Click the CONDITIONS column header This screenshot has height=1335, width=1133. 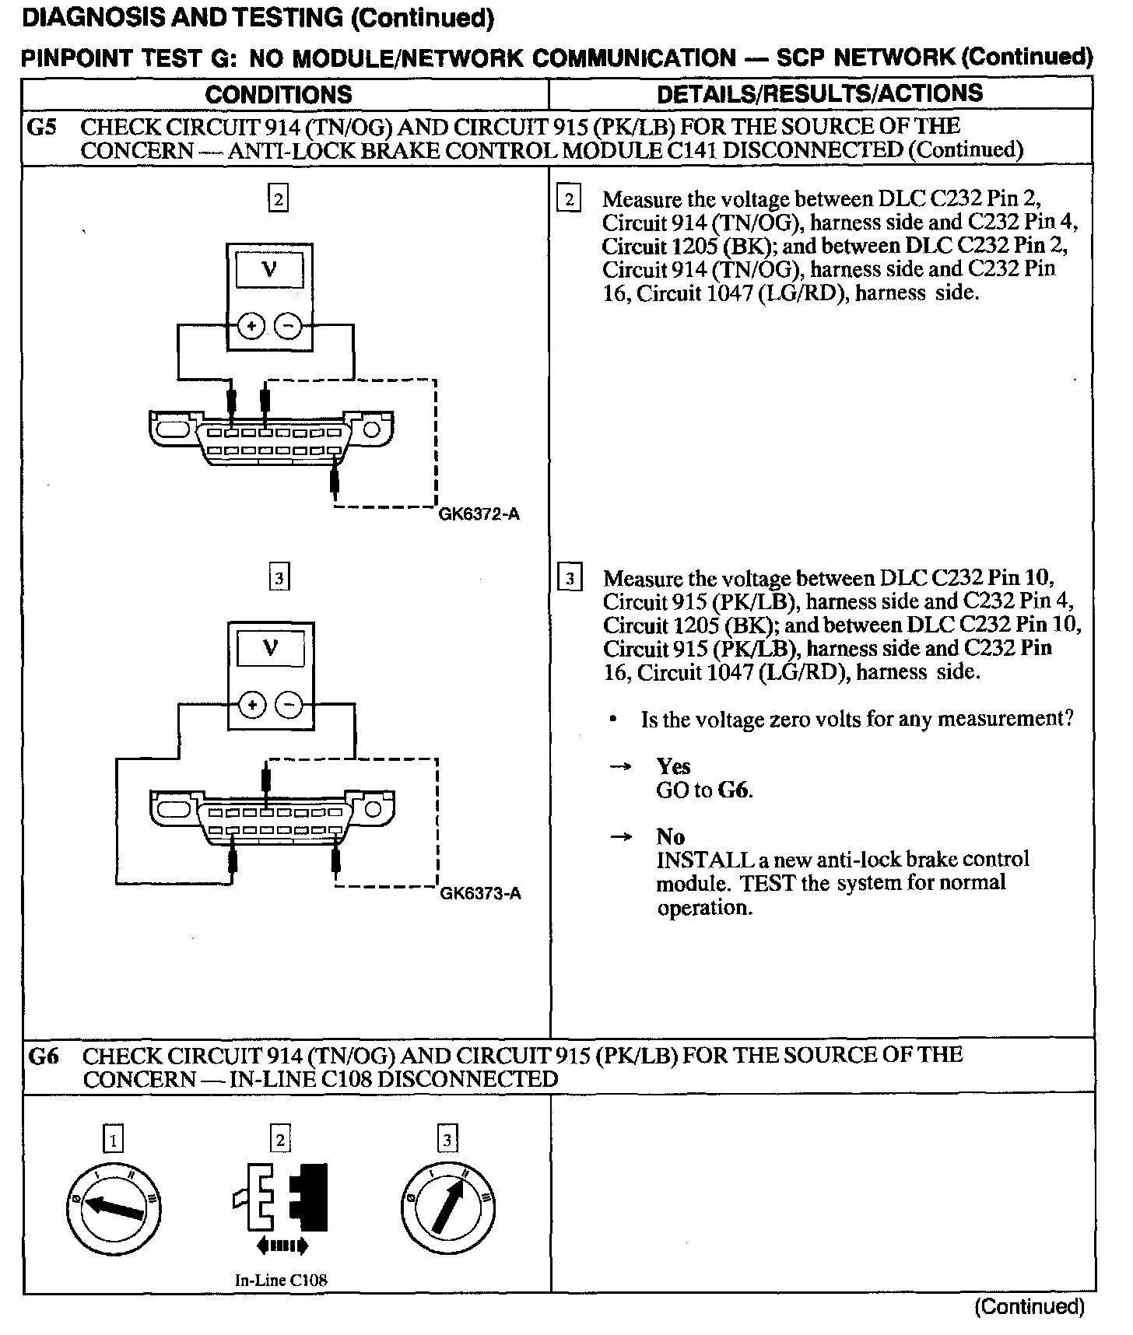(x=278, y=95)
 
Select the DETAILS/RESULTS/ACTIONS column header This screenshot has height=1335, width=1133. (x=820, y=94)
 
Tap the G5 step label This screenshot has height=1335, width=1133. (x=41, y=127)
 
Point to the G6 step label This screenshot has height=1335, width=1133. (x=44, y=1056)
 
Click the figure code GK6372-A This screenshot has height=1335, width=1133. (x=479, y=514)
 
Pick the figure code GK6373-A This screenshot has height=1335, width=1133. (x=480, y=893)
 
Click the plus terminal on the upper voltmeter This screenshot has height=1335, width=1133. (x=251, y=327)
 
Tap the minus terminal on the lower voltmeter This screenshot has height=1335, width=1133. (x=289, y=706)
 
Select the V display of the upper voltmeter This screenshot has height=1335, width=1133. (x=270, y=271)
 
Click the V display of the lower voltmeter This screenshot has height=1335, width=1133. (x=270, y=648)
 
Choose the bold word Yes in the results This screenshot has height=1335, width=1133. (x=673, y=767)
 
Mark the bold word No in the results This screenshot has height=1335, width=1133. (x=670, y=837)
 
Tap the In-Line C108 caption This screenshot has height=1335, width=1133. (x=281, y=1280)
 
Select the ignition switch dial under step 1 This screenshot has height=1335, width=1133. (x=114, y=1210)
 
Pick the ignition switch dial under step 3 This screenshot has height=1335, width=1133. (x=447, y=1210)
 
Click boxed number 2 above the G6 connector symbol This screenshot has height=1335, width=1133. (x=280, y=1141)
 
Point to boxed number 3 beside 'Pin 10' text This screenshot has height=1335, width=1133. (x=570, y=580)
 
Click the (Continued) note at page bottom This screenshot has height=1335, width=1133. (x=1029, y=1307)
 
